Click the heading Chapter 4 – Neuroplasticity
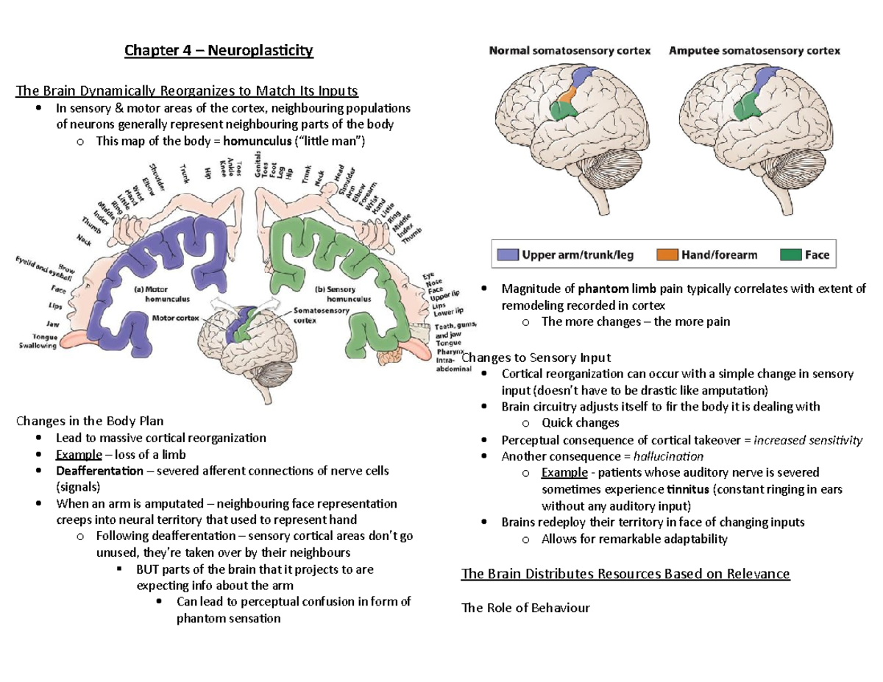point(219,51)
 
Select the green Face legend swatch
point(789,255)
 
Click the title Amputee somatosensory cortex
point(754,51)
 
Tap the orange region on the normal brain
point(567,98)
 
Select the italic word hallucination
point(668,456)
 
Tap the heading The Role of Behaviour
point(525,608)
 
